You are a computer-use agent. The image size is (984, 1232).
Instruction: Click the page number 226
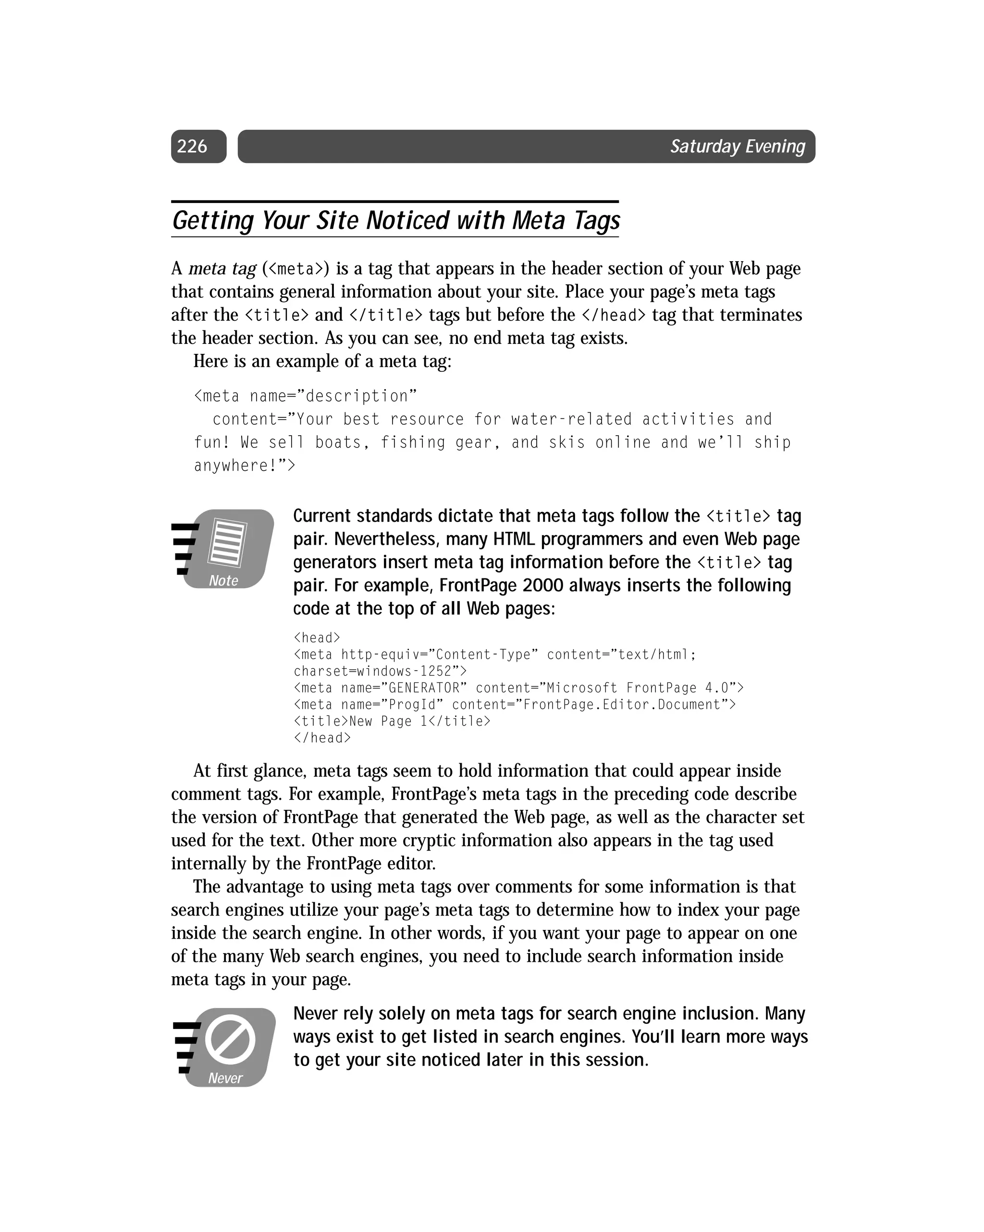tap(192, 147)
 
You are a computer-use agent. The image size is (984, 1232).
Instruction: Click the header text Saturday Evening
tap(738, 147)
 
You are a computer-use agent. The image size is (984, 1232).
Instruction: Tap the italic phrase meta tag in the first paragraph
tap(222, 269)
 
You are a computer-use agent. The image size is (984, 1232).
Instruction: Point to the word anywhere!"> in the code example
tap(245, 465)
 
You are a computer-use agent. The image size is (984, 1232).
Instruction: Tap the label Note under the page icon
tap(223, 580)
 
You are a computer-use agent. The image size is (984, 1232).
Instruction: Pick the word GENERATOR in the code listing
tap(424, 688)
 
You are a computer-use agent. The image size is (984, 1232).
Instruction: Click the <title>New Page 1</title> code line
tap(392, 721)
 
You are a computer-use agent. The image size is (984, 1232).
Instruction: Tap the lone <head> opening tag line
tap(317, 638)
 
